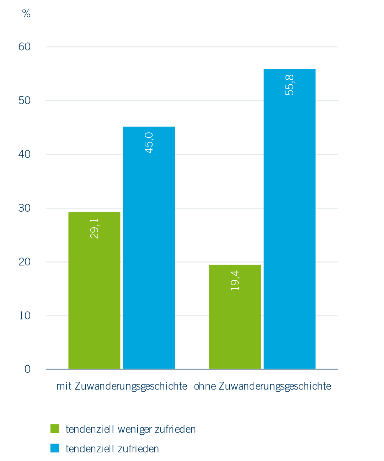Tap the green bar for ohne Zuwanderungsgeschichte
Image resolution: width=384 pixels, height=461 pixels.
click(x=235, y=320)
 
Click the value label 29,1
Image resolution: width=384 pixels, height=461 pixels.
click(x=95, y=228)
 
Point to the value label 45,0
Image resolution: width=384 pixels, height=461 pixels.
click(x=149, y=143)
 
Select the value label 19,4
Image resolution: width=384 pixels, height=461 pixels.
click(x=235, y=281)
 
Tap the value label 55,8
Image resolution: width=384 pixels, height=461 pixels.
click(x=290, y=85)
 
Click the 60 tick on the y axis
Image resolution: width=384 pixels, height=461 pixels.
click(x=25, y=47)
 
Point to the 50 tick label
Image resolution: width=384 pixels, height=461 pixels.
click(x=25, y=101)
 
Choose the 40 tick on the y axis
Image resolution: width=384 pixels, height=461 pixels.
click(x=25, y=154)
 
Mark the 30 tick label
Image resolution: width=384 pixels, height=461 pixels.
click(x=25, y=208)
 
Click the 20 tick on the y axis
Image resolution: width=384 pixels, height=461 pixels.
click(x=25, y=262)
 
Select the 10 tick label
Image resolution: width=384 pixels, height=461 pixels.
click(x=25, y=316)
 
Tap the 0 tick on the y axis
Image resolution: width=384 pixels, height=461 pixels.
click(x=27, y=369)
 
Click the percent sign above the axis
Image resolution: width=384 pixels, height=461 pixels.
click(x=26, y=14)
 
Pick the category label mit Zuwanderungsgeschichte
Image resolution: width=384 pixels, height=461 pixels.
click(x=122, y=386)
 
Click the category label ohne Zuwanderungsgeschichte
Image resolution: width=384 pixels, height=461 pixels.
click(x=262, y=386)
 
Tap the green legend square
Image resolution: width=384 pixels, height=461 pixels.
click(x=55, y=429)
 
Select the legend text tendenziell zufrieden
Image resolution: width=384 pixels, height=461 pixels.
click(x=112, y=449)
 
